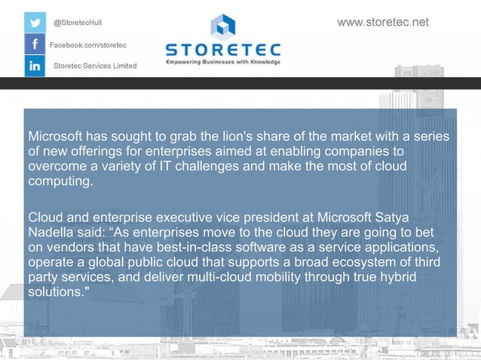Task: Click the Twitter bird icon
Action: coord(35,22)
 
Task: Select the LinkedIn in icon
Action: coord(35,66)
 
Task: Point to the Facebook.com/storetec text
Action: coord(87,46)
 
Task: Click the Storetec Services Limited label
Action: coord(95,66)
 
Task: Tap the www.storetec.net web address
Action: coord(382,22)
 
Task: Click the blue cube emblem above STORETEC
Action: coord(222,27)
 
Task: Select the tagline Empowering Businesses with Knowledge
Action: coord(222,62)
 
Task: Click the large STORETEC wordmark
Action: coord(222,50)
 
